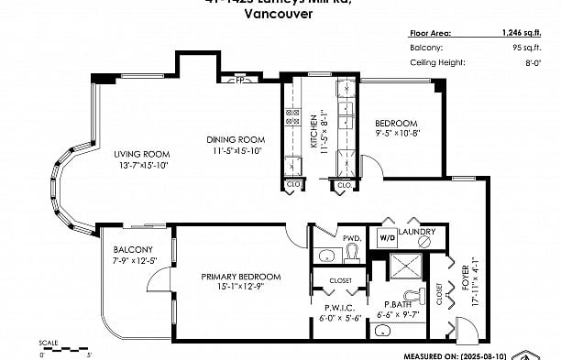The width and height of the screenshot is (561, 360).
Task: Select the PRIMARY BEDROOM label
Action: pos(240,276)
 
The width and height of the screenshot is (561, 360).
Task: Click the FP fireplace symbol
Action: pos(239,80)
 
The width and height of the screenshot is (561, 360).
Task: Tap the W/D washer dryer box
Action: pos(386,238)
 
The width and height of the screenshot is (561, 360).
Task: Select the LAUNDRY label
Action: pos(417,232)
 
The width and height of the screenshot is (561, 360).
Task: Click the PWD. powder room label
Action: pos(351,237)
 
